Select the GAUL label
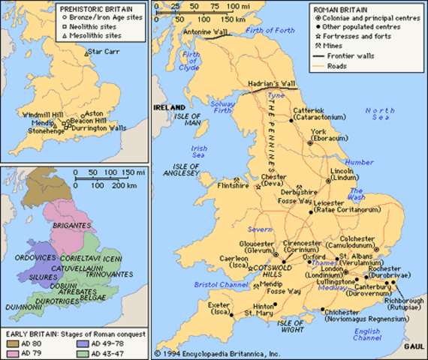point(411,348)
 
